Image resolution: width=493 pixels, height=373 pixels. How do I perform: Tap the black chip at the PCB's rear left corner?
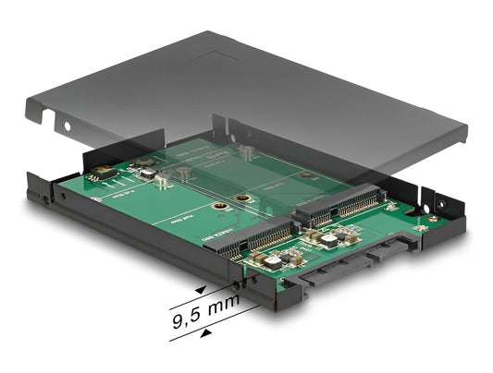pos(103,171)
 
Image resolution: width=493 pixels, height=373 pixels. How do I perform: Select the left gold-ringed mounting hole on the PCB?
pos(219,208)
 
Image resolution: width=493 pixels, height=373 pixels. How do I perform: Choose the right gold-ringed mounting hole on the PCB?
pos(243,198)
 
